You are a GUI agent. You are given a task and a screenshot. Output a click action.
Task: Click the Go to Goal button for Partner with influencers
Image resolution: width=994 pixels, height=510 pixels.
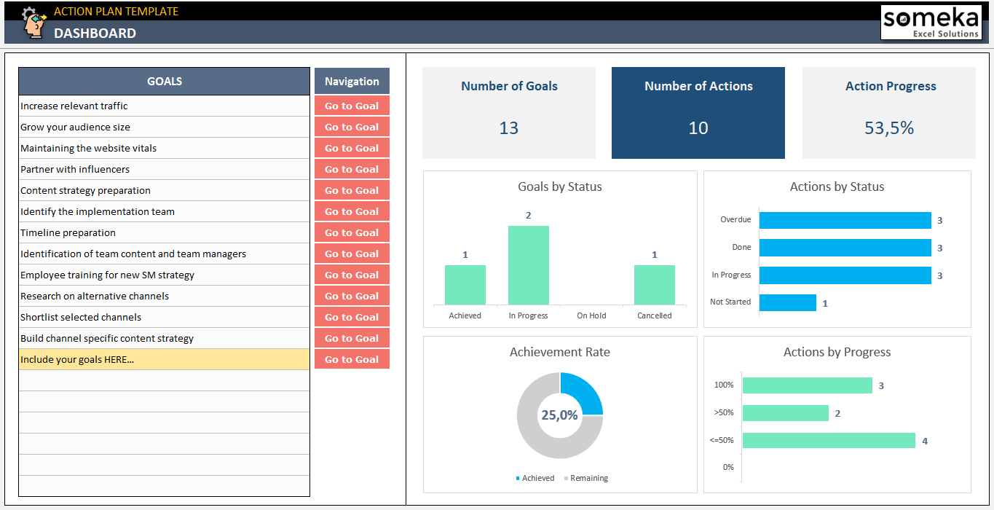(x=352, y=169)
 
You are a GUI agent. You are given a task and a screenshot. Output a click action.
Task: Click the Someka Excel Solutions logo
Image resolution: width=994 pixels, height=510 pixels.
(x=931, y=23)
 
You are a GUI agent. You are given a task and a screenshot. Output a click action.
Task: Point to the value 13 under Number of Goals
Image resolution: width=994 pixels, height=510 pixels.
(x=508, y=128)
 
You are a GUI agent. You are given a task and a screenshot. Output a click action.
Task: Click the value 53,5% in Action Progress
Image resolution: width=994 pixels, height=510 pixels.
(x=888, y=128)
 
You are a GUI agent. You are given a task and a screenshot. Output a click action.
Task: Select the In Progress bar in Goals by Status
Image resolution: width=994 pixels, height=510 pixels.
(x=528, y=265)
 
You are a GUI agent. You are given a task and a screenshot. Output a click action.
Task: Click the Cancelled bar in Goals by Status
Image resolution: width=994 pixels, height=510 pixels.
(x=654, y=285)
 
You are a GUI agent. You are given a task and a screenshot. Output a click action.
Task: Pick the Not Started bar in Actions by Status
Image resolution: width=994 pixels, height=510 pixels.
(x=787, y=302)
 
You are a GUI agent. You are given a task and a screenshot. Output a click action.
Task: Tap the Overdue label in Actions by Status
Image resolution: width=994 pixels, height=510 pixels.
(x=735, y=220)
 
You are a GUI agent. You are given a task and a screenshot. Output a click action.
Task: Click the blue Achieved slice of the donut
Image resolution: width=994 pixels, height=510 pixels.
(x=583, y=393)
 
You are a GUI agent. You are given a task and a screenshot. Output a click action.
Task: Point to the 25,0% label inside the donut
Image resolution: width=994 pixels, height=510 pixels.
(x=559, y=415)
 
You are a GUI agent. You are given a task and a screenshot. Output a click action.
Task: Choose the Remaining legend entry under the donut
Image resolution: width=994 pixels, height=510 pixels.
(x=588, y=479)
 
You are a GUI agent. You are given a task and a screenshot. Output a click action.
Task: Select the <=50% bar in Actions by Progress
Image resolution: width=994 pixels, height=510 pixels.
(x=828, y=441)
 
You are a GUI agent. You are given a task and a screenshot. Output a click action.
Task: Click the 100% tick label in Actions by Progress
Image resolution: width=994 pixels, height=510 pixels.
(x=724, y=385)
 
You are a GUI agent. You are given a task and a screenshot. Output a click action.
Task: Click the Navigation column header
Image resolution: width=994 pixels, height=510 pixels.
(x=352, y=82)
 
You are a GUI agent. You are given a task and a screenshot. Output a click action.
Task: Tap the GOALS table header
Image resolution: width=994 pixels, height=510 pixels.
(x=164, y=82)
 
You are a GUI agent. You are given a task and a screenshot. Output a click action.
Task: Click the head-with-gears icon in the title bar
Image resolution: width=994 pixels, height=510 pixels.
(x=32, y=22)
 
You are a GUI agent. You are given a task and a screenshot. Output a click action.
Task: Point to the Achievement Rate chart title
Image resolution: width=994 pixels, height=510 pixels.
(x=559, y=352)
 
